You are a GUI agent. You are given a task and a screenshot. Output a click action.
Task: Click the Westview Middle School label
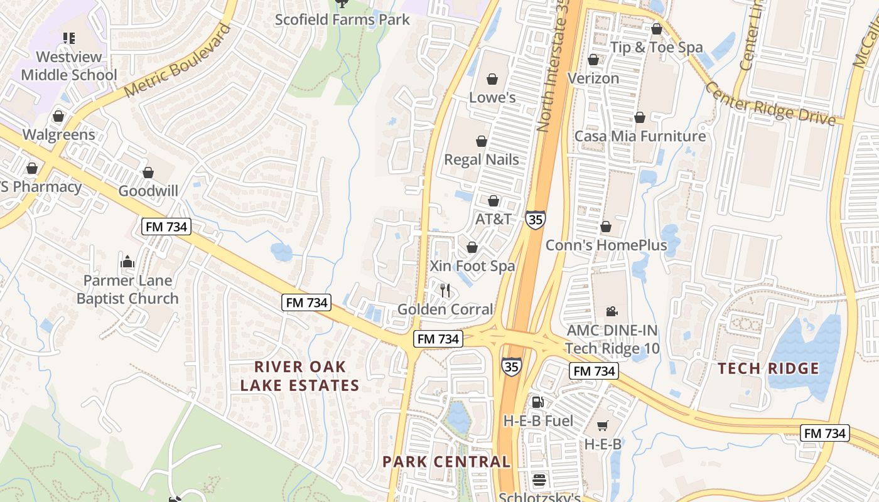tap(69, 66)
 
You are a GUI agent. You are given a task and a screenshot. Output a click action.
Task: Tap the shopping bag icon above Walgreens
tap(58, 116)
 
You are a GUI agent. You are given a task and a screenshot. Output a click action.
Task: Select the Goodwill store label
tap(148, 191)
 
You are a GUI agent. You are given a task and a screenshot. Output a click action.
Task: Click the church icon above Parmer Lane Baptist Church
tap(127, 261)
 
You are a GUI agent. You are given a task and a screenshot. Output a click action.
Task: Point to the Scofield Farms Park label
tap(342, 19)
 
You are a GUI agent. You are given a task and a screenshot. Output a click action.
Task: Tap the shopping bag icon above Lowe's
tap(492, 79)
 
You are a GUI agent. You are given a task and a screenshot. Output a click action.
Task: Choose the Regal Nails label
tap(482, 159)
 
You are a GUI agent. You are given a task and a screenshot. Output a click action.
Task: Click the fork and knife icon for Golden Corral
tap(446, 290)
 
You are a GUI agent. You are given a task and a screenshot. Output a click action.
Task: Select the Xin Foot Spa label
tap(472, 266)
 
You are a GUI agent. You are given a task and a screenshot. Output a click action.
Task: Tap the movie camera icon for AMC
tap(612, 311)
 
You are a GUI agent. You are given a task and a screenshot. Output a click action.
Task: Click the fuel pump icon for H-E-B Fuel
tap(537, 402)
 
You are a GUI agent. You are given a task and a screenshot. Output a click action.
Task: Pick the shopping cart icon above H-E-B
tap(603, 426)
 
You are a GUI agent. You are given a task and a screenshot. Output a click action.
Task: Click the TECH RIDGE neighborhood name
tap(768, 368)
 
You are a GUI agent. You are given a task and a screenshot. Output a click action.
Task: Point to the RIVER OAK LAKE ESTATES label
tap(299, 376)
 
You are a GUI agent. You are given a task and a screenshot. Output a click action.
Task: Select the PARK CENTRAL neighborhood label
tap(446, 462)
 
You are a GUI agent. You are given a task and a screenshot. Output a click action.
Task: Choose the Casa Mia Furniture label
tap(640, 136)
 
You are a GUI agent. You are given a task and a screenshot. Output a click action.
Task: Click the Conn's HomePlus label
tap(606, 245)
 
